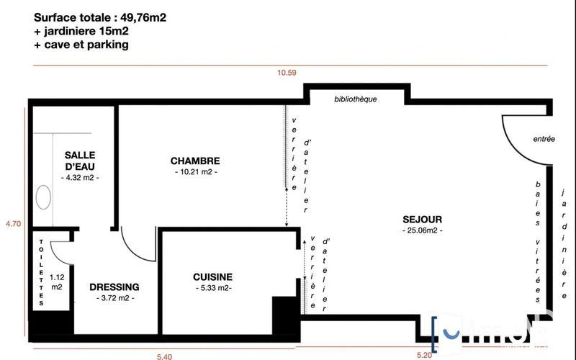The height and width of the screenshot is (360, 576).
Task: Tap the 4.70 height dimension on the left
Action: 13,224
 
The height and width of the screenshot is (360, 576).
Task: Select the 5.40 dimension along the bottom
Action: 165,355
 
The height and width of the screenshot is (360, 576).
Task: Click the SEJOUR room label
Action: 422,220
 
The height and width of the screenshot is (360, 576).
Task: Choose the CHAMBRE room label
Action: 195,161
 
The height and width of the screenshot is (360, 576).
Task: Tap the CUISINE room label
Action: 212,276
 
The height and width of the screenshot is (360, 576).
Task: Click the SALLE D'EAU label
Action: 80,161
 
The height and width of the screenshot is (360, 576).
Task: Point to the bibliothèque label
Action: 356,99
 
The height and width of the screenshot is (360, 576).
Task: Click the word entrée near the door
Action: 544,140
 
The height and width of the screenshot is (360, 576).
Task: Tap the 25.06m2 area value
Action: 422,230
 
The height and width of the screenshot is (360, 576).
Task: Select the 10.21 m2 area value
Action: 195,172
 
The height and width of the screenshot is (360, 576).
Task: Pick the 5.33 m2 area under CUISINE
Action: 212,288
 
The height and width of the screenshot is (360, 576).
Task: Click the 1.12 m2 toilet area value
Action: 56,281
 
